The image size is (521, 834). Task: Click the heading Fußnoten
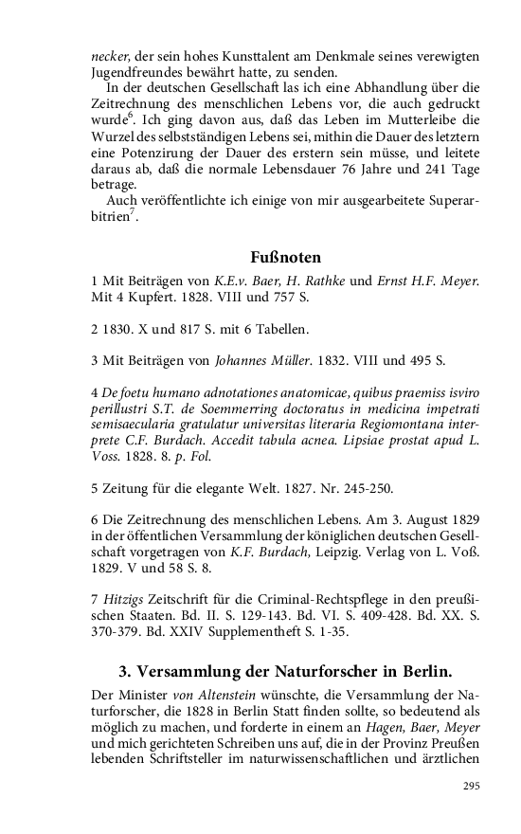(286, 257)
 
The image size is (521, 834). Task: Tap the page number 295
(471, 786)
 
